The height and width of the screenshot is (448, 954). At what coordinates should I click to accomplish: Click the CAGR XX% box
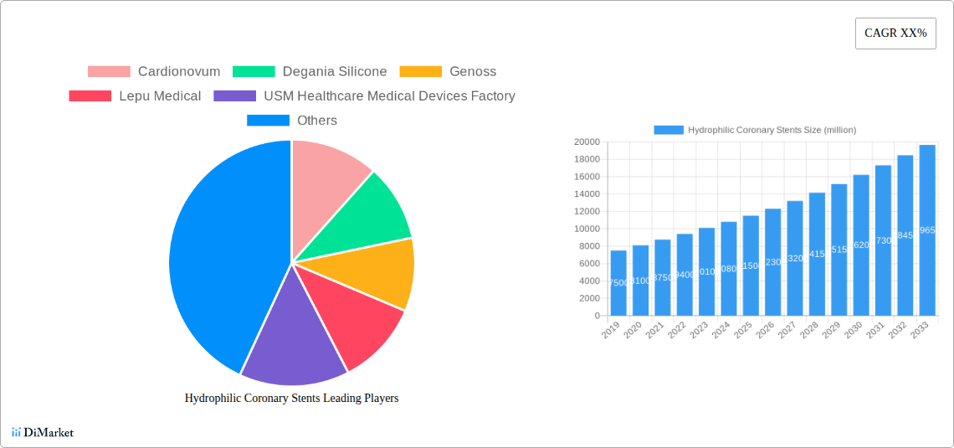895,33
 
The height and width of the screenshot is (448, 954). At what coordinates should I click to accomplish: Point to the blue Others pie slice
218,251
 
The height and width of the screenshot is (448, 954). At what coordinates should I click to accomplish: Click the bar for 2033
927,230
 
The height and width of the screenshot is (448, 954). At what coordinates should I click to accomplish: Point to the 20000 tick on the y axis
586,142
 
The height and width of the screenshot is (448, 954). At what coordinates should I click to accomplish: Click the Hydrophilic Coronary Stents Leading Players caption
291,399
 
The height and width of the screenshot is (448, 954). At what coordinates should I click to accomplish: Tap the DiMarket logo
43,433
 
